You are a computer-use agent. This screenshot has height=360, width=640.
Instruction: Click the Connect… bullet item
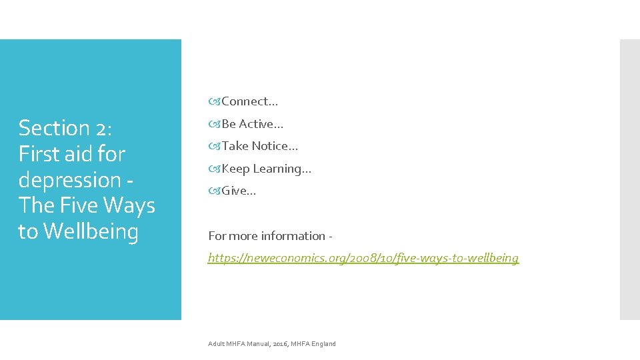(x=244, y=101)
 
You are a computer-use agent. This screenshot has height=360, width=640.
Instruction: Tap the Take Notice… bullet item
(x=254, y=146)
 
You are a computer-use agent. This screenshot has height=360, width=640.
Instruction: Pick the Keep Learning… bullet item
(x=261, y=169)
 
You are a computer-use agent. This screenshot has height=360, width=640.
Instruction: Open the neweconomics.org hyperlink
(x=363, y=258)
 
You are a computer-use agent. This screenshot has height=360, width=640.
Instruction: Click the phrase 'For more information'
(x=267, y=236)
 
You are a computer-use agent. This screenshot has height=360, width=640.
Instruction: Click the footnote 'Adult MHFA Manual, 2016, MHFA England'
(x=272, y=344)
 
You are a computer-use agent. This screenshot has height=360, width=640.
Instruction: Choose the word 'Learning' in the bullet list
(x=281, y=169)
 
